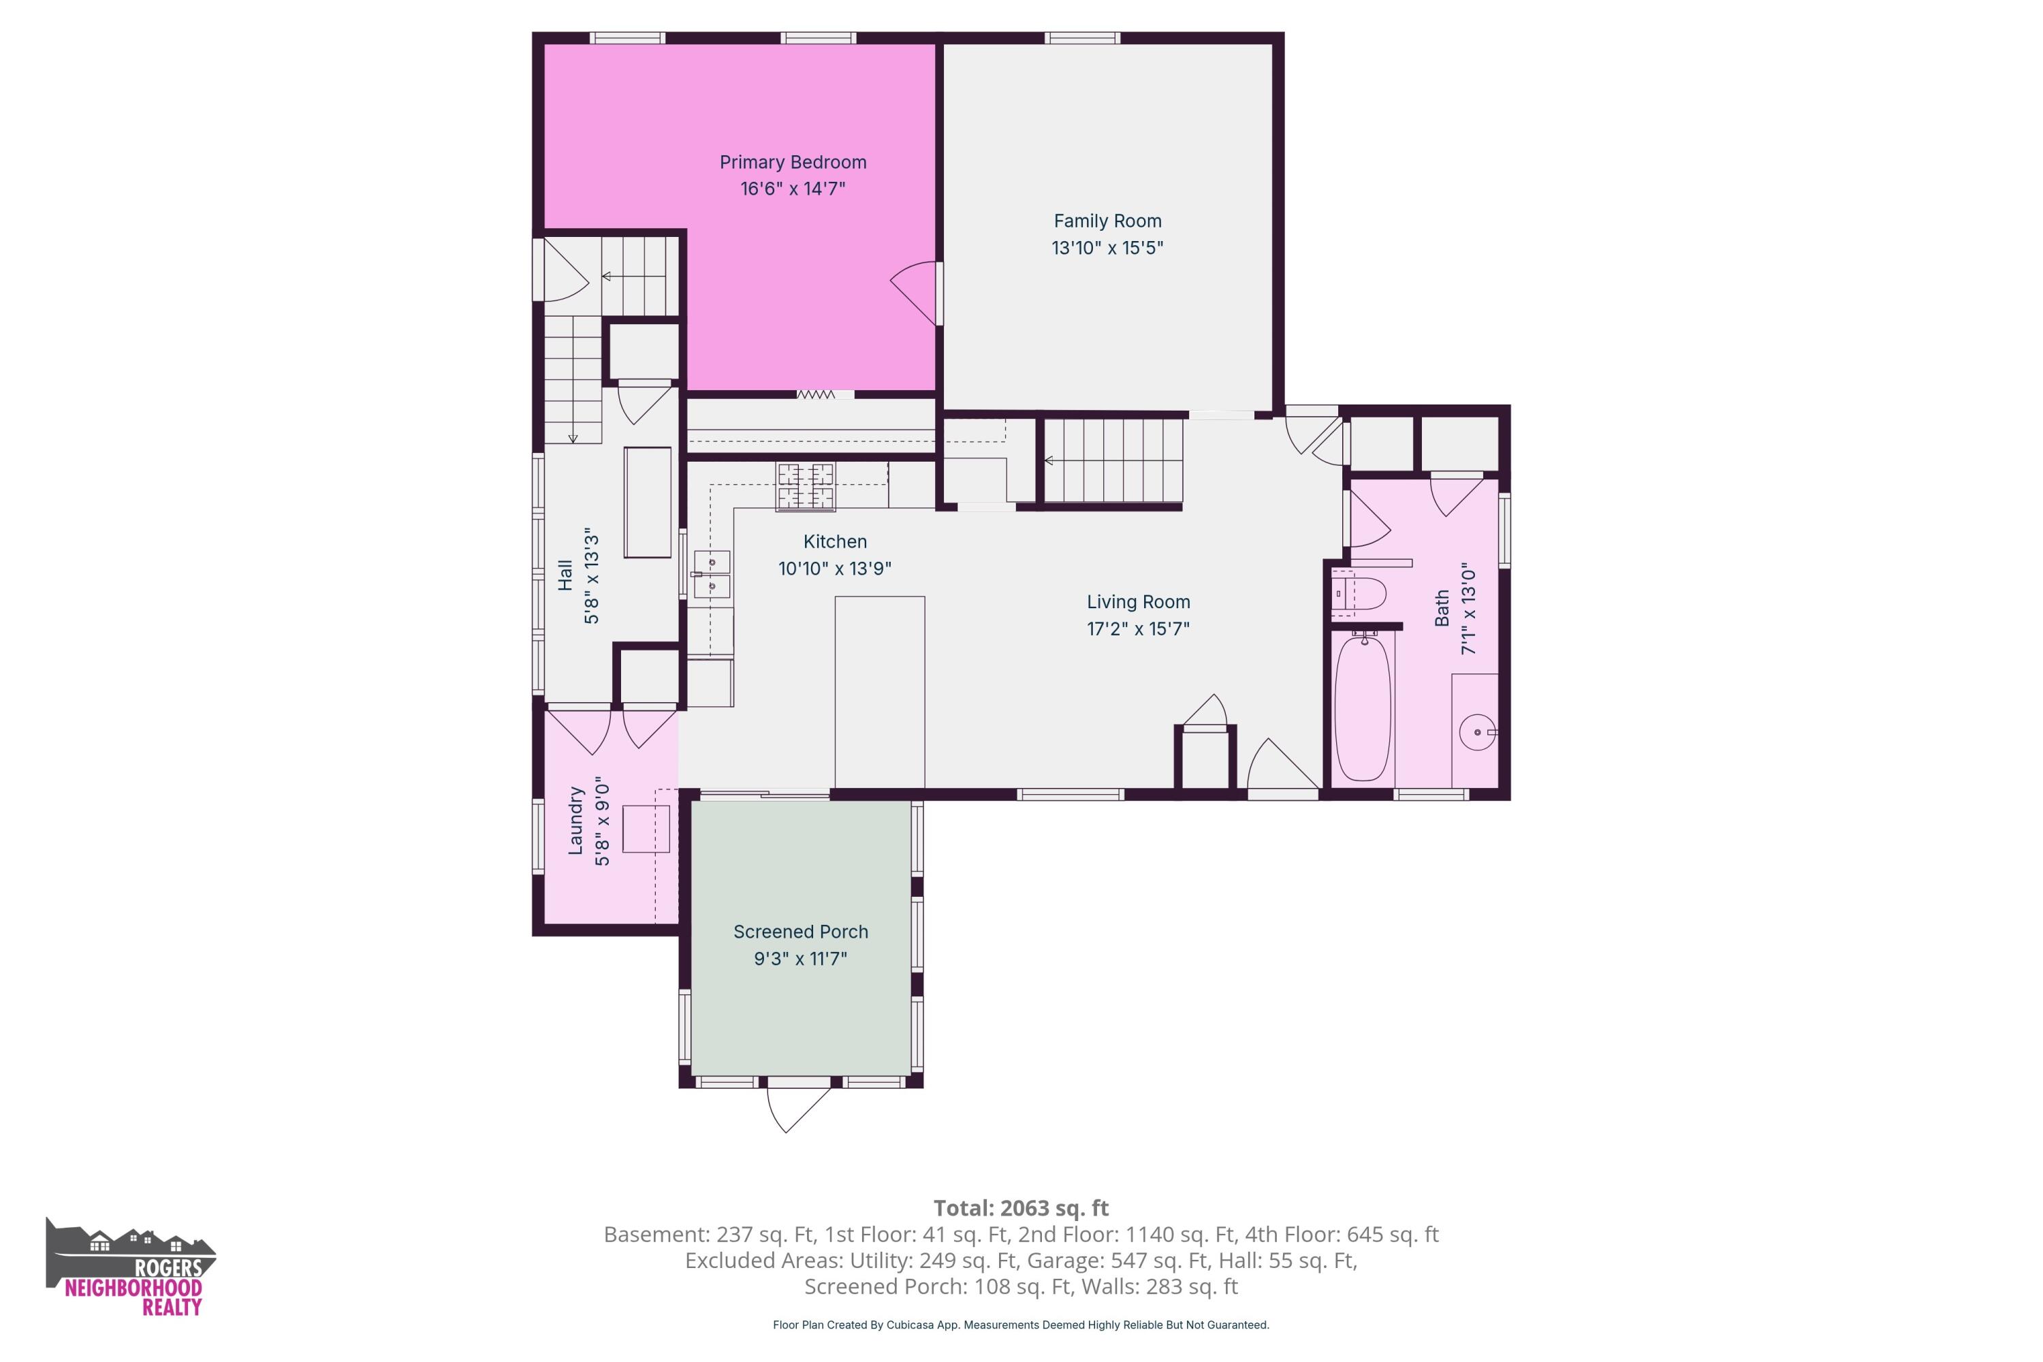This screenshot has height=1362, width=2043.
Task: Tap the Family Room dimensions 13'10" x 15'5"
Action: pyautogui.click(x=1107, y=248)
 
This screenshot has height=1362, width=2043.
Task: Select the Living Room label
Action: pyautogui.click(x=1138, y=602)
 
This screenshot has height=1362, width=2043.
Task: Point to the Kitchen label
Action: pyautogui.click(x=835, y=542)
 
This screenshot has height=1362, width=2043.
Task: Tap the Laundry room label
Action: pyautogui.click(x=575, y=821)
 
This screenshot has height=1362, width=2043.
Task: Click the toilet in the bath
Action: pyautogui.click(x=1359, y=593)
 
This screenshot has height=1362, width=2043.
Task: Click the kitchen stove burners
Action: pyautogui.click(x=805, y=486)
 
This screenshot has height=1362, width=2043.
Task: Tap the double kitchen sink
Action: pyautogui.click(x=712, y=574)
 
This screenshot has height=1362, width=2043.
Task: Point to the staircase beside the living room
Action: pyautogui.click(x=1113, y=461)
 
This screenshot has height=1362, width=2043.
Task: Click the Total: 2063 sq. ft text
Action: pyautogui.click(x=1021, y=1208)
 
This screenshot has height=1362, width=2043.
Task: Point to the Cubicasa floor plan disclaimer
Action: pyautogui.click(x=1021, y=1325)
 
